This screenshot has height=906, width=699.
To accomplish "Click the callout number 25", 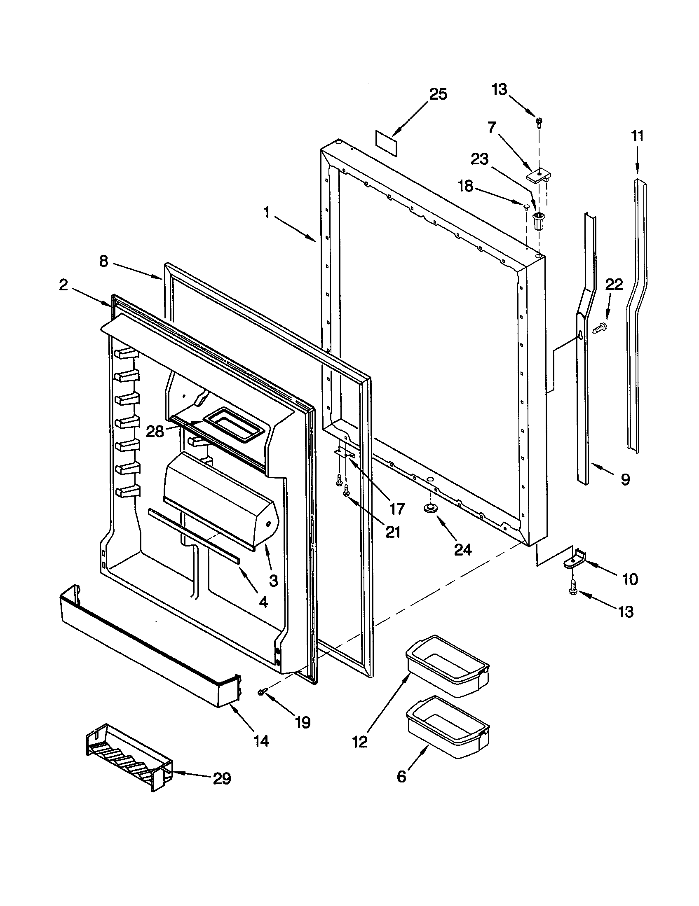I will (438, 94).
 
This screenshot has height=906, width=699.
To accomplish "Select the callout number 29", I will (222, 779).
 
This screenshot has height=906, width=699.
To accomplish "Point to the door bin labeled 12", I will (448, 667).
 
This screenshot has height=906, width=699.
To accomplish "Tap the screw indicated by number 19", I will (263, 691).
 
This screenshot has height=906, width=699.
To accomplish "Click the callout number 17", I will (396, 509).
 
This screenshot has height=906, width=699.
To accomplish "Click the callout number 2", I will (63, 285).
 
